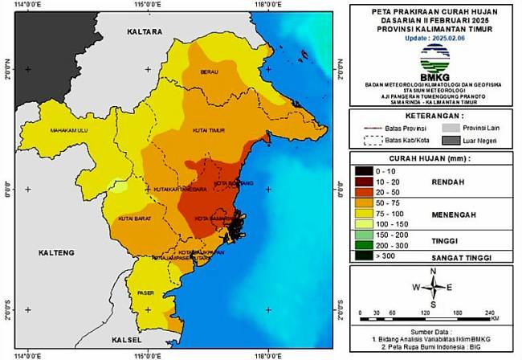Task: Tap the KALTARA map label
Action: click(145, 31)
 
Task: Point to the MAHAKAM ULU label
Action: click(69, 129)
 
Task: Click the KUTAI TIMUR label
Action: click(209, 129)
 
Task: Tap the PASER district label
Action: click(145, 292)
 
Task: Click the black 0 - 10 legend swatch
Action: click(363, 171)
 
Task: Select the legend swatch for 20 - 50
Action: click(363, 193)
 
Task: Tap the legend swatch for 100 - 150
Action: click(363, 223)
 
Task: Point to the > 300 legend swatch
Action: click(363, 256)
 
